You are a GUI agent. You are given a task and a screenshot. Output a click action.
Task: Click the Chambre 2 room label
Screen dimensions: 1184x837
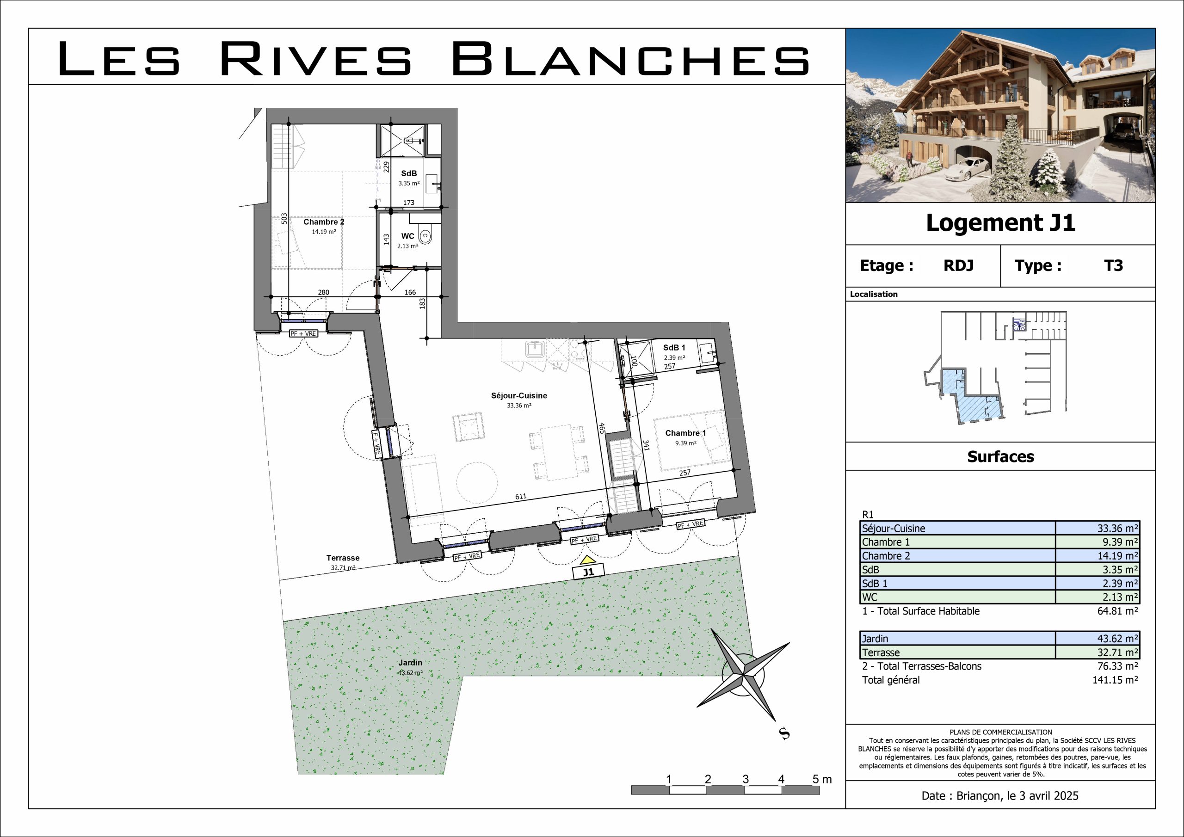pyautogui.click(x=324, y=222)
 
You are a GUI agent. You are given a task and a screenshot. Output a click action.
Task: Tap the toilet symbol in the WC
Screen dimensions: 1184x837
pyautogui.click(x=425, y=236)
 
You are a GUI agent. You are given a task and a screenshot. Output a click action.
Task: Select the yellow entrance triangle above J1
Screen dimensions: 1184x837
pyautogui.click(x=587, y=560)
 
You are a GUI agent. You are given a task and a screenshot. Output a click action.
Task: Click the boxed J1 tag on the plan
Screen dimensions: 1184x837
pyautogui.click(x=588, y=572)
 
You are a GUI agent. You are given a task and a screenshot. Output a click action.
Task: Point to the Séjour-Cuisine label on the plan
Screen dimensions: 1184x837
pyautogui.click(x=519, y=395)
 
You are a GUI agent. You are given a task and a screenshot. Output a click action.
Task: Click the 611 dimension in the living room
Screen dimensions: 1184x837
pyautogui.click(x=521, y=496)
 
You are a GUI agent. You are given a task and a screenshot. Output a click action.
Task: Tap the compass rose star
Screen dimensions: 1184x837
pyautogui.click(x=743, y=674)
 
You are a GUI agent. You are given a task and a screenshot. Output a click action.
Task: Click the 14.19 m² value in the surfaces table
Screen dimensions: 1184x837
pyautogui.click(x=1117, y=556)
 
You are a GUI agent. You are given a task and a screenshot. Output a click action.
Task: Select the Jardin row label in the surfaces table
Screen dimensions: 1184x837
pyautogui.click(x=875, y=639)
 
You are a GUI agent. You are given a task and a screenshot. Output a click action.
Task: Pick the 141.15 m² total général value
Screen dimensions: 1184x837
pyautogui.click(x=1115, y=680)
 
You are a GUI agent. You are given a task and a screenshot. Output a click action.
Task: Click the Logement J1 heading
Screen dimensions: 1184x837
pyautogui.click(x=1000, y=223)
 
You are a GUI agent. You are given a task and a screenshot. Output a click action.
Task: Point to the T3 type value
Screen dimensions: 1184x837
pyautogui.click(x=1113, y=265)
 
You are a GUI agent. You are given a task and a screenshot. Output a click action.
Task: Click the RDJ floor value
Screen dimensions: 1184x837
pyautogui.click(x=959, y=265)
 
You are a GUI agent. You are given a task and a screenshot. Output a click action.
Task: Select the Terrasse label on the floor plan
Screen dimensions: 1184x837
pyautogui.click(x=343, y=558)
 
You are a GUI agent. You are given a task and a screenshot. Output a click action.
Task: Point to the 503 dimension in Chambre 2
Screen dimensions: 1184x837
pyautogui.click(x=284, y=219)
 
